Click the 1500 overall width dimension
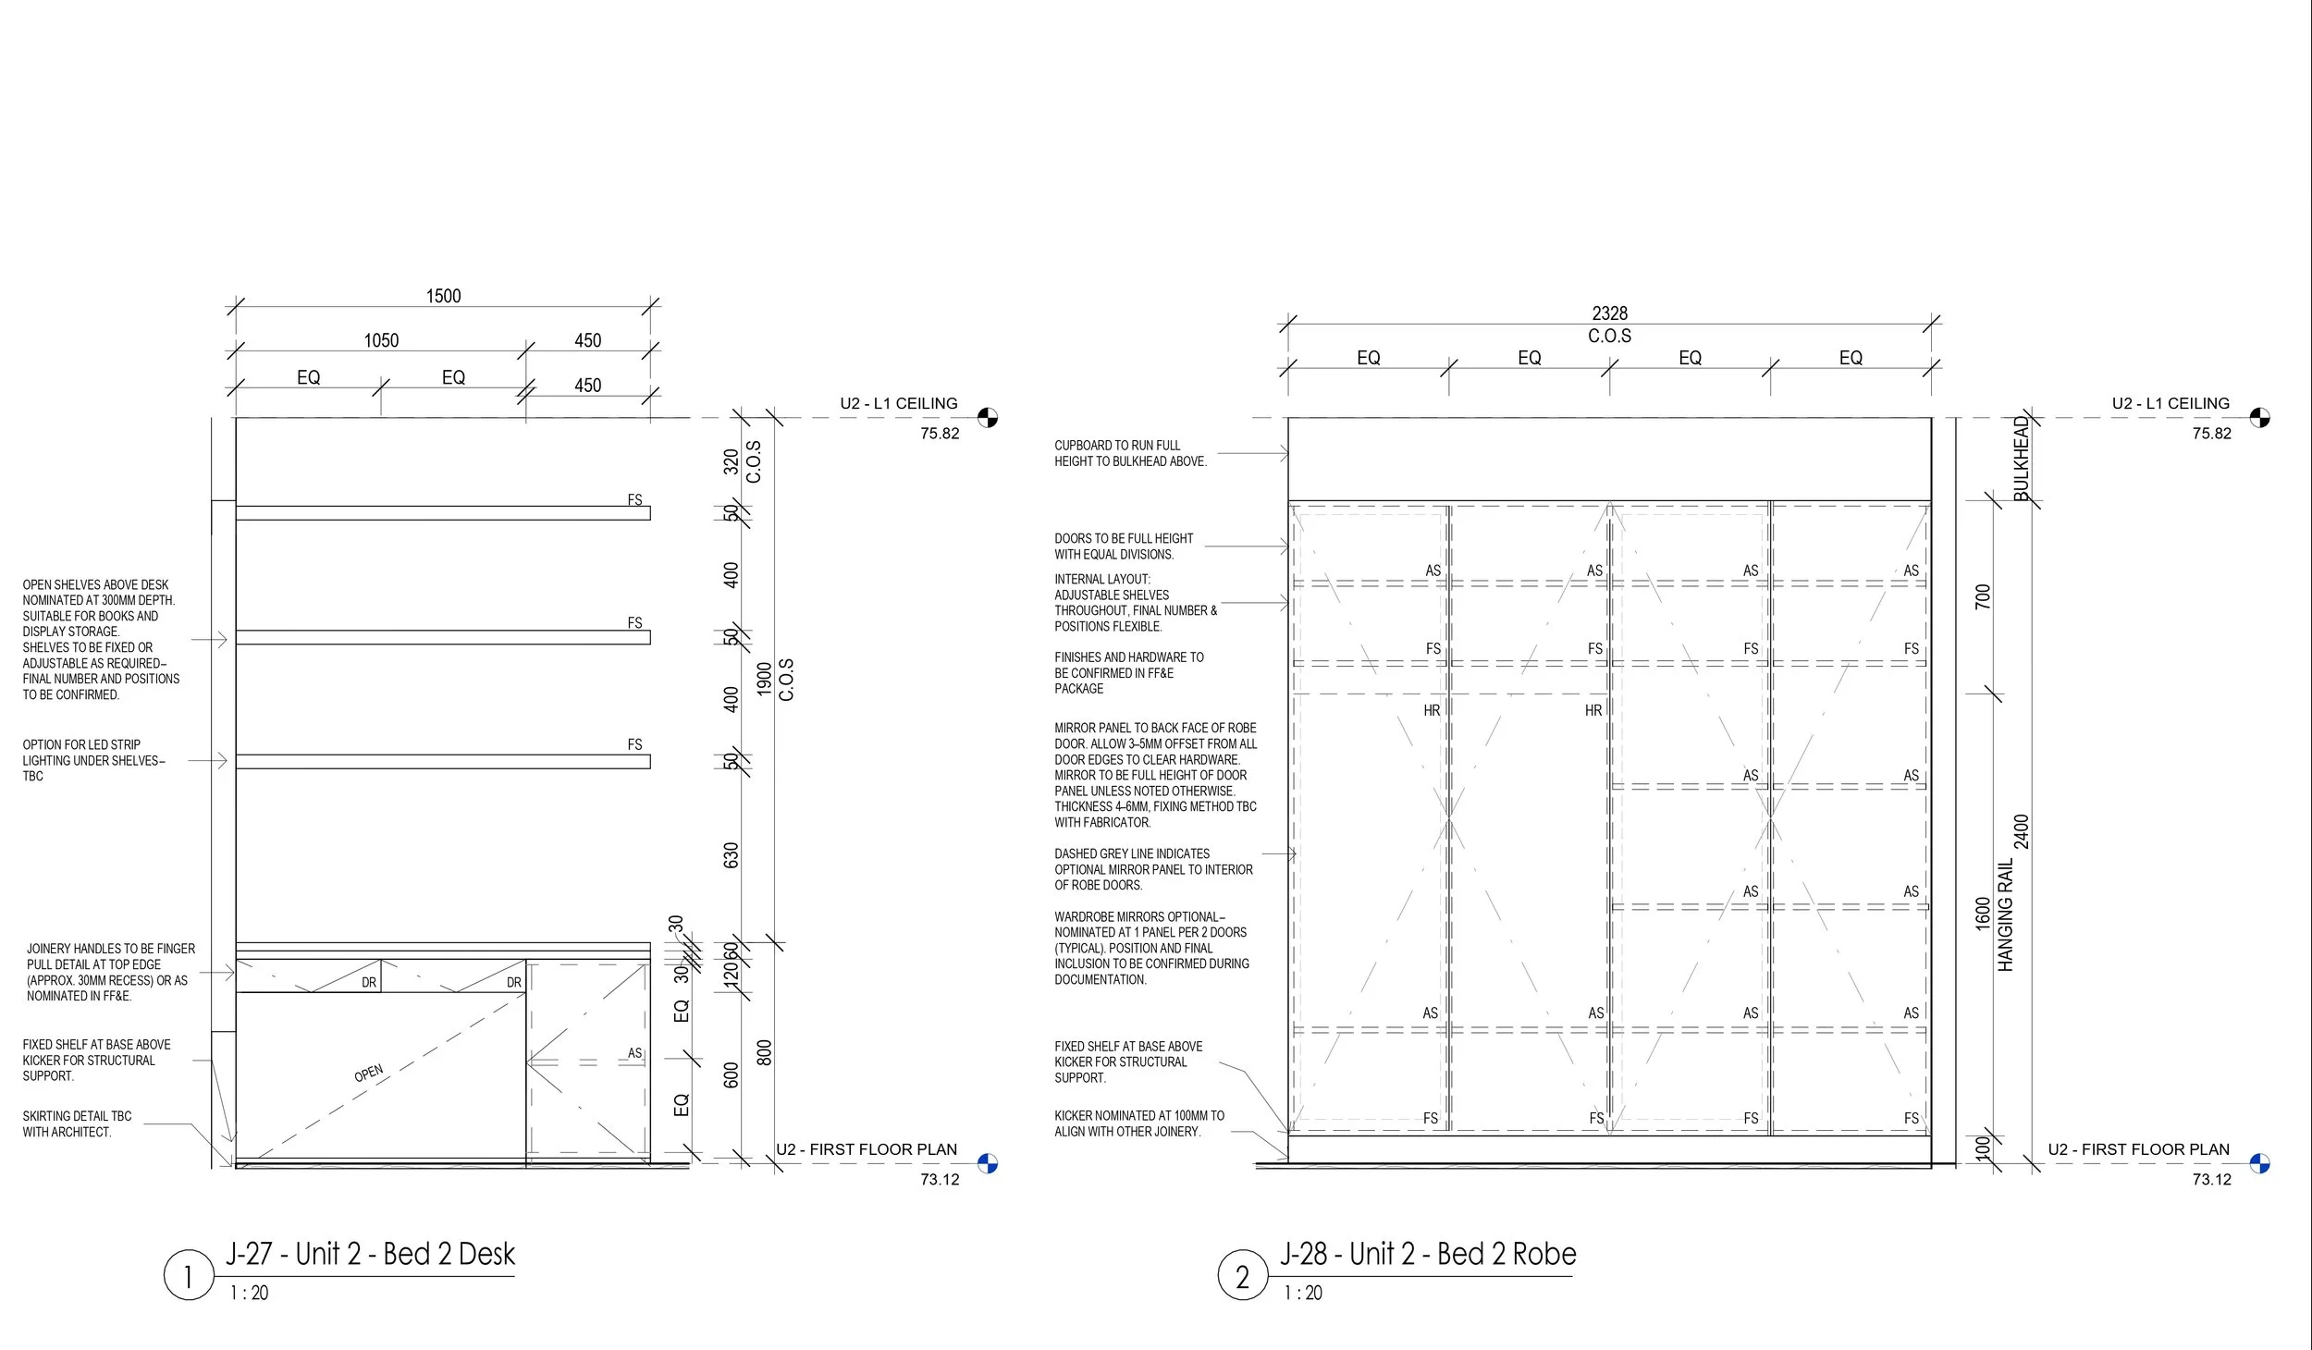point(443,296)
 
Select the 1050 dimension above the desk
point(381,340)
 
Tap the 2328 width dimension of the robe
point(1609,313)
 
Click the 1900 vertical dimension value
point(765,679)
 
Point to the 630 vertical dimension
point(732,855)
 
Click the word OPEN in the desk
point(368,1073)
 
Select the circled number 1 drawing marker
point(189,1276)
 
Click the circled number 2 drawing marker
point(1242,1276)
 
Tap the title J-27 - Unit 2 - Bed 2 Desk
point(370,1254)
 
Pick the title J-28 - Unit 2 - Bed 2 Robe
point(1428,1254)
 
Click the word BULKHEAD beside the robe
point(2022,459)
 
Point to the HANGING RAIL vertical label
point(2005,915)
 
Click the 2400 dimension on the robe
point(2022,831)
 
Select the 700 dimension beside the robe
point(1983,596)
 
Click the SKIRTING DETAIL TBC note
point(77,1123)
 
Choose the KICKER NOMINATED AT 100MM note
point(1138,1123)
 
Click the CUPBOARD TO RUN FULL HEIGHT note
point(1130,453)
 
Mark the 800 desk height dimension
point(765,1052)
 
